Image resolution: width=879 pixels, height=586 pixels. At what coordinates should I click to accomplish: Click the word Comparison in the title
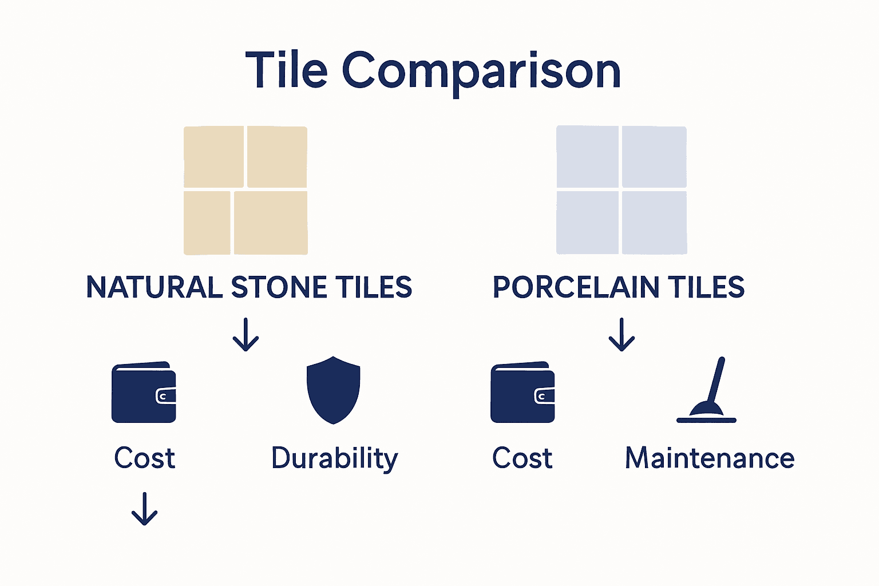click(481, 71)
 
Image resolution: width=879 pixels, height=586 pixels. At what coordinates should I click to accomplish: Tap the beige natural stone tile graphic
click(246, 191)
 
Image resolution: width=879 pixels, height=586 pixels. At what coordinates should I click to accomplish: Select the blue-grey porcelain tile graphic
click(621, 190)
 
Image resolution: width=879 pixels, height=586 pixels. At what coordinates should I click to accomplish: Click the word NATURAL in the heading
click(154, 287)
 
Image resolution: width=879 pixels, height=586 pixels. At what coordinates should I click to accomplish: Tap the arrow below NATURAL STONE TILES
click(246, 335)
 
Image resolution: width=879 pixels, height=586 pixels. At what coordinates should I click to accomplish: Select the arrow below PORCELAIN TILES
click(621, 335)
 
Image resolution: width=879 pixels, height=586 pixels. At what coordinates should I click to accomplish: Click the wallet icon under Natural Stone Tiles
click(144, 393)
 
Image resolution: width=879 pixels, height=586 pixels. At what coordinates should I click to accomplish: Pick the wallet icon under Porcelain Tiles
click(522, 393)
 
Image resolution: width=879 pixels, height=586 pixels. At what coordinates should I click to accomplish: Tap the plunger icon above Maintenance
click(707, 391)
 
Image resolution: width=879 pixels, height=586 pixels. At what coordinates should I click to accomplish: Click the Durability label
click(335, 459)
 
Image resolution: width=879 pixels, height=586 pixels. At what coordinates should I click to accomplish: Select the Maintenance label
click(710, 459)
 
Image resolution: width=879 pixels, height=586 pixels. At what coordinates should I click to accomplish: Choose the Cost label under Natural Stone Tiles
click(144, 459)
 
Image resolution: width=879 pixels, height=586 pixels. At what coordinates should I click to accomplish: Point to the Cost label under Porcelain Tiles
click(522, 459)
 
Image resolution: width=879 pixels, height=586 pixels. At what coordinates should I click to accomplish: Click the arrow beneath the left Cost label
click(144, 509)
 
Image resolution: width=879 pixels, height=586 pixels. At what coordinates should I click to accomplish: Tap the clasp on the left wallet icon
click(165, 396)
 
